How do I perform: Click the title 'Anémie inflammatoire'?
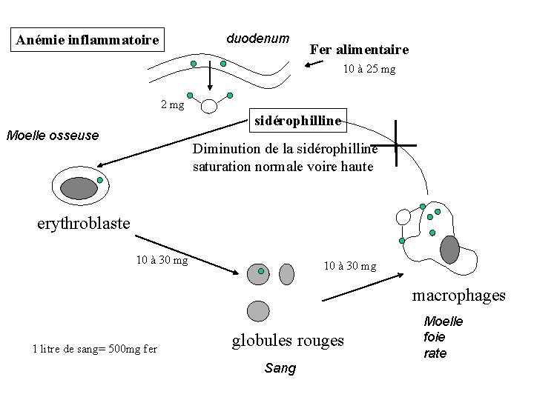click(88, 39)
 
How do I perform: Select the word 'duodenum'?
click(257, 37)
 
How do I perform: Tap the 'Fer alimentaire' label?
click(358, 50)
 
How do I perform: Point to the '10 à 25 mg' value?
click(369, 70)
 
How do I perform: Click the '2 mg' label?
click(172, 104)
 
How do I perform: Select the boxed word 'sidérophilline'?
click(297, 119)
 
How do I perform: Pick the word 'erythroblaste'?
click(83, 222)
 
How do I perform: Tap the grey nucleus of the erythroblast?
click(79, 188)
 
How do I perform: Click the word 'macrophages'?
click(458, 296)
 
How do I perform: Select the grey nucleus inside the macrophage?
click(450, 250)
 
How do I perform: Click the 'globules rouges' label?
click(288, 340)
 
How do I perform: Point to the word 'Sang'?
click(280, 368)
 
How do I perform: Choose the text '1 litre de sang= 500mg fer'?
click(94, 349)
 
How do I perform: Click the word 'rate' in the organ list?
click(435, 353)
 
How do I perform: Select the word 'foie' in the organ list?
click(435, 337)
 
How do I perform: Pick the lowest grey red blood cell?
click(257, 311)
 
